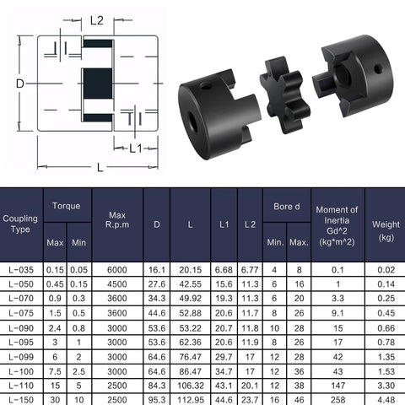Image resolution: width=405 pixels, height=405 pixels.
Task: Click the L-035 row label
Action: coord(20,269)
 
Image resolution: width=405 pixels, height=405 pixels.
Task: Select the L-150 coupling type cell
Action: coord(20,400)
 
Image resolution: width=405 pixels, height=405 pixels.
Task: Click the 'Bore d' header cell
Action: coord(286,205)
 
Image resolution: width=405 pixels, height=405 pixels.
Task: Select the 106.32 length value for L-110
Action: coord(190,386)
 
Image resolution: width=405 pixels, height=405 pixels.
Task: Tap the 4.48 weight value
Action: coord(386,400)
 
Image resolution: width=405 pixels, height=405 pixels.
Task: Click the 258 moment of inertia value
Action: coord(337,400)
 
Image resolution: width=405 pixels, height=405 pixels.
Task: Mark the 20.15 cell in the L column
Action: coord(190,269)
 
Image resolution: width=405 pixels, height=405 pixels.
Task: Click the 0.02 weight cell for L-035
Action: coord(386,269)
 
